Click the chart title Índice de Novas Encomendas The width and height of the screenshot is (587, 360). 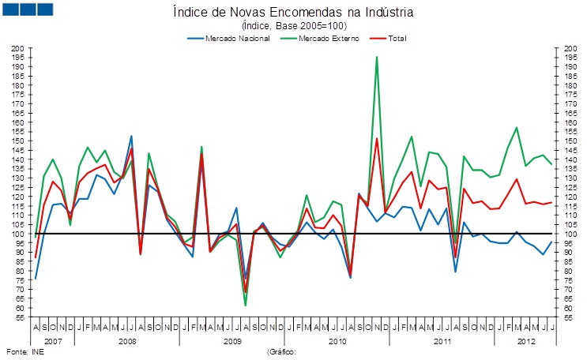292,13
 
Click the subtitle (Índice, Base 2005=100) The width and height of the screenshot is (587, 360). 292,26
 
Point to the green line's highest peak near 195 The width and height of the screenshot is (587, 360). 376,57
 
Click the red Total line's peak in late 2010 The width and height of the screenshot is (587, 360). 377,139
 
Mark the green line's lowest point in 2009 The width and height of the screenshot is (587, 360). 245,305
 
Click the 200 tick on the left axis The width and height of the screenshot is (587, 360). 18,48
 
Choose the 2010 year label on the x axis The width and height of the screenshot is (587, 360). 338,341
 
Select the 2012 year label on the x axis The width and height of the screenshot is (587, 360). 524,341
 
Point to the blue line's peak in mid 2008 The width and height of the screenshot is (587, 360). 131,136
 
